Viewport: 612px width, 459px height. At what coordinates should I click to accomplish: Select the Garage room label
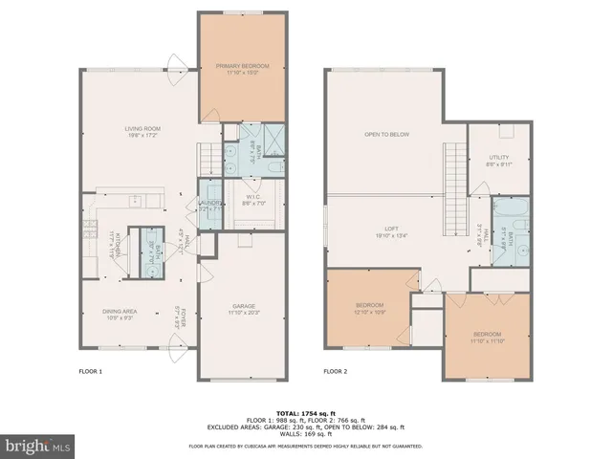click(244, 309)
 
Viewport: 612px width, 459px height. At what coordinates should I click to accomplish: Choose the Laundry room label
click(210, 204)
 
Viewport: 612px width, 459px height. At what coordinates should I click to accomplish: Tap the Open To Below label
click(386, 134)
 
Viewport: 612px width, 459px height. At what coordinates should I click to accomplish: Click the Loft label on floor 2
click(391, 230)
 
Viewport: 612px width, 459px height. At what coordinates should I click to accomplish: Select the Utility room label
click(498, 160)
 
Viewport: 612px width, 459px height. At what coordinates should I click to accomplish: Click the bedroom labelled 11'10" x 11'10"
click(487, 336)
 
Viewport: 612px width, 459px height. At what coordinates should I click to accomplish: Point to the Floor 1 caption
click(90, 370)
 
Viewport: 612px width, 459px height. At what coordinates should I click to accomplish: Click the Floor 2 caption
click(335, 370)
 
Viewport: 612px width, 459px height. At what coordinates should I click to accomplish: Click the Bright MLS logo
click(38, 446)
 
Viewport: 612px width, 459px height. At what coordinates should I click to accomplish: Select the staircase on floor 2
click(455, 182)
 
